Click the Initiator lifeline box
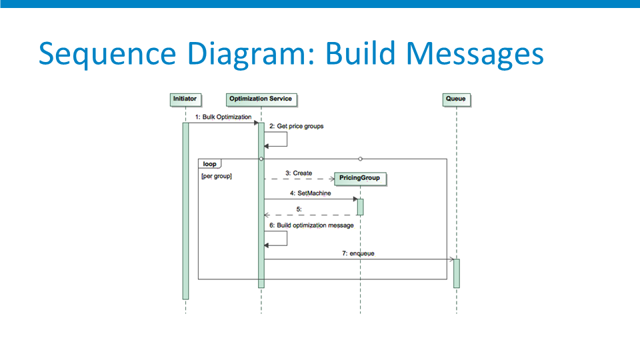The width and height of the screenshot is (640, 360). pos(186,99)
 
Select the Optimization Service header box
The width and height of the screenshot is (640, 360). pos(261,99)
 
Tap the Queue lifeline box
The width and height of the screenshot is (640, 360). pos(456,99)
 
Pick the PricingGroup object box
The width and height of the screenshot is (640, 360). pos(360,179)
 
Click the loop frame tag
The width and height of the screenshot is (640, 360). pos(210,164)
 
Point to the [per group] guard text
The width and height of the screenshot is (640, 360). pos(216,176)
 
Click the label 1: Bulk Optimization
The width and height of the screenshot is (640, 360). pos(223,117)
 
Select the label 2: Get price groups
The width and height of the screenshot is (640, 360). pos(296,126)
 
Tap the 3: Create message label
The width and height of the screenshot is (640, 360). pos(299,173)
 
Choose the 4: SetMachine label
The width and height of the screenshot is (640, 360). pos(311,193)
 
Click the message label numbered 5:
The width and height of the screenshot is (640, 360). pos(299,209)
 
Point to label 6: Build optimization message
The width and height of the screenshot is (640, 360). pos(311,225)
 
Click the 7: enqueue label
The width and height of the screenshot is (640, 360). pos(358,253)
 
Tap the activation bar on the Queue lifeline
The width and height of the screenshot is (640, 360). pos(456,273)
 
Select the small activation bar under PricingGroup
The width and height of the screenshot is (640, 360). pos(360,207)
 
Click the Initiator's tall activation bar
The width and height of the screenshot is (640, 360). pos(186,211)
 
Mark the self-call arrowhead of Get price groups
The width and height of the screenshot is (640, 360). pos(266,146)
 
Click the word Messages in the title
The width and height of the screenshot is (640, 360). pos(475,54)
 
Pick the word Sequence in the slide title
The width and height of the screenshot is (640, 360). pos(107,54)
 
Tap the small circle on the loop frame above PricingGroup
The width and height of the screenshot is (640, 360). pos(360,159)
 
